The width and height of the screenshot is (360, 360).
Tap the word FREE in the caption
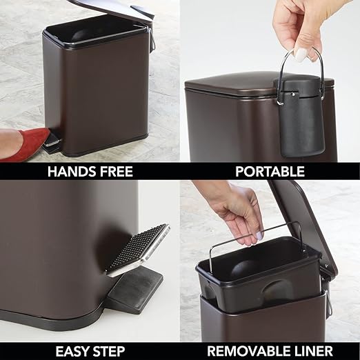tap(117, 171)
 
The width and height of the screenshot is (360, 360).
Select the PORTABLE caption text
tap(270, 171)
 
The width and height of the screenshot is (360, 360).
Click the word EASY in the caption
tap(72, 350)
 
